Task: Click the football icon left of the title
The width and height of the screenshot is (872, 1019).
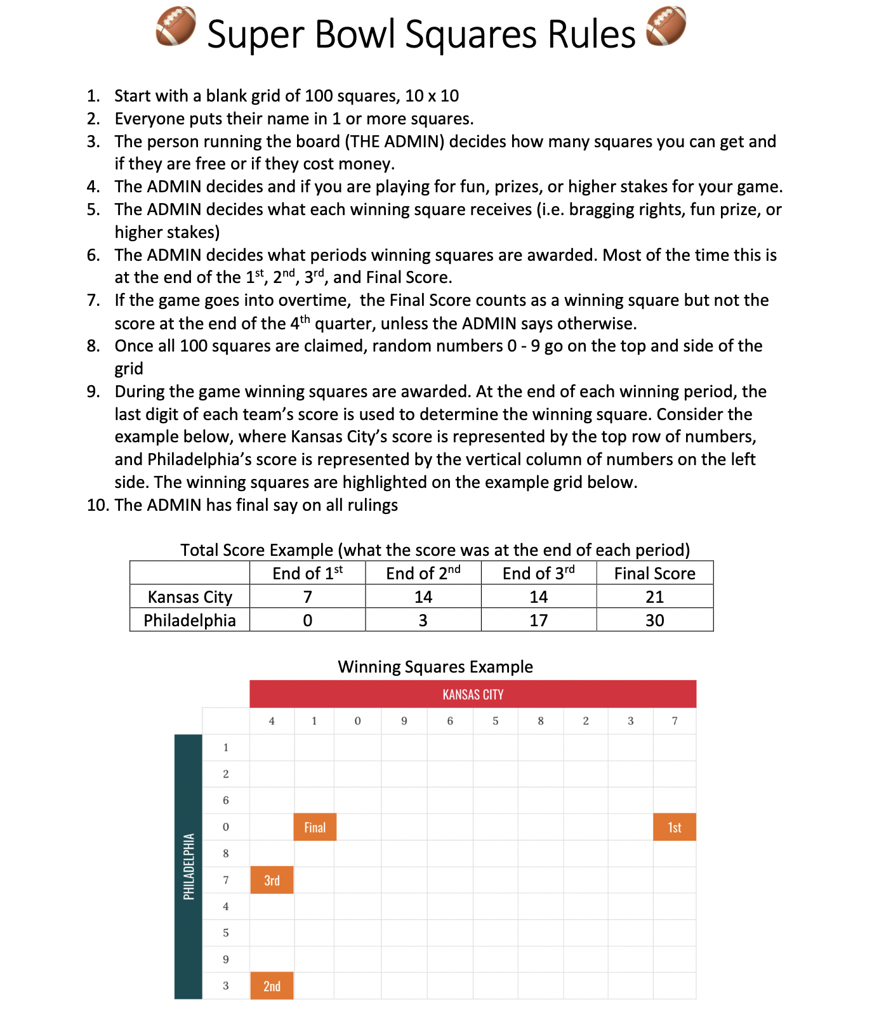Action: [x=176, y=26]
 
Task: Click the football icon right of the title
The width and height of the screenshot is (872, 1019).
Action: [x=666, y=26]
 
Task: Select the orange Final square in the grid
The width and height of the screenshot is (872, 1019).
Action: [x=315, y=827]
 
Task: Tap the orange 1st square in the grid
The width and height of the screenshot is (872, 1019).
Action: [x=674, y=827]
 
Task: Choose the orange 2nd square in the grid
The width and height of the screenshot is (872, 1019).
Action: [x=272, y=986]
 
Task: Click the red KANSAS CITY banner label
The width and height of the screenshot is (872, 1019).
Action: [x=473, y=695]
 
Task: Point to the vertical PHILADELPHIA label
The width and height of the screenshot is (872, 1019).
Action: [x=188, y=867]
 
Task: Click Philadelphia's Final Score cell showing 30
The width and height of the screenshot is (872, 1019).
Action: [x=654, y=621]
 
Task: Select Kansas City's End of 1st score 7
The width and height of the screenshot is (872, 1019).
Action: [x=308, y=597]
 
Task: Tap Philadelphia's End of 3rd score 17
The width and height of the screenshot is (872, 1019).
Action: [x=538, y=621]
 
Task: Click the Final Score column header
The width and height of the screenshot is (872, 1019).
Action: [x=654, y=574]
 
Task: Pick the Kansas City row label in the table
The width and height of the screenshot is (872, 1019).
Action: [x=190, y=597]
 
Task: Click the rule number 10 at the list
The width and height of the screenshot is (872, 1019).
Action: [x=98, y=505]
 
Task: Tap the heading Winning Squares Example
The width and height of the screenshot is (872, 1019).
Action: [x=435, y=667]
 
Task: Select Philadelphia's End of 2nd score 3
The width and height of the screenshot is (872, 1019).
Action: [x=423, y=621]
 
